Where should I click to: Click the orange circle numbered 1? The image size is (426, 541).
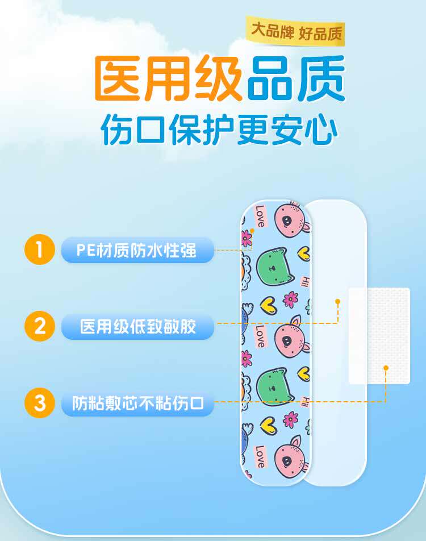[x=39, y=249]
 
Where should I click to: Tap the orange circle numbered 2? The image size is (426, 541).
[x=39, y=326]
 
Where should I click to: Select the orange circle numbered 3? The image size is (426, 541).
[x=39, y=403]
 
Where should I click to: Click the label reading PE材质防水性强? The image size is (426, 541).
[x=137, y=250]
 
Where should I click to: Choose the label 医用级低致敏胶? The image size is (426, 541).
[x=137, y=327]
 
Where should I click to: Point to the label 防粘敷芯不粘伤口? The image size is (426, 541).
[x=137, y=403]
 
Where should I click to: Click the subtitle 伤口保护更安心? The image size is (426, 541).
[x=219, y=130]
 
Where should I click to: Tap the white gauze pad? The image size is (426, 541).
[x=379, y=335]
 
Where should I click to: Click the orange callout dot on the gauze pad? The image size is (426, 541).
[x=386, y=368]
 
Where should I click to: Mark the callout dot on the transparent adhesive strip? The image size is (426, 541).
[x=337, y=301]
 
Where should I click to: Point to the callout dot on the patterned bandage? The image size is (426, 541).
[x=252, y=231]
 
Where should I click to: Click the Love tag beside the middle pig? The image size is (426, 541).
[x=260, y=335]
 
